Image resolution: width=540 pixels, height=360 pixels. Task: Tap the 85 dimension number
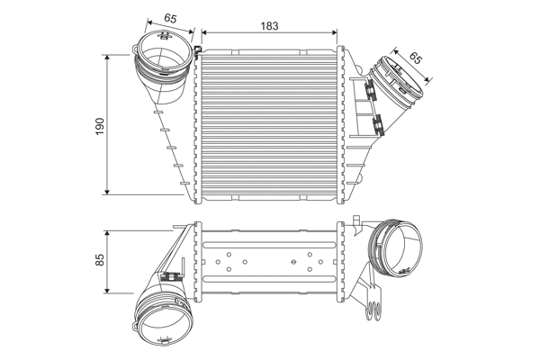tap(101, 259)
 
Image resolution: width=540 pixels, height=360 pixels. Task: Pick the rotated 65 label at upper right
tap(415, 58)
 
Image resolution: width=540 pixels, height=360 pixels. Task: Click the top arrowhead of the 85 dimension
tap(108, 232)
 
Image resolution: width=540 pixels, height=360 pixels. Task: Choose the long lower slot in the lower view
tap(267, 286)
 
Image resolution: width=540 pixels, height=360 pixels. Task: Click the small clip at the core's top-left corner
tap(198, 50)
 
